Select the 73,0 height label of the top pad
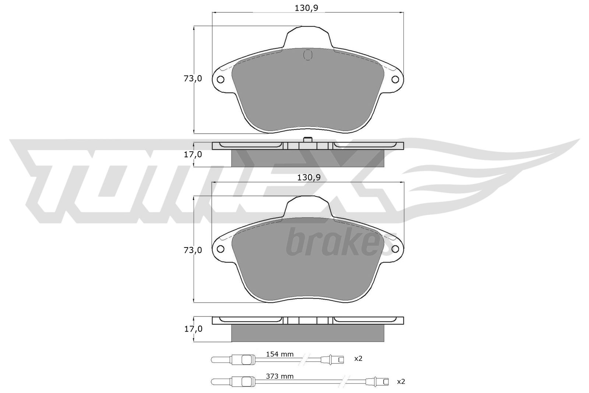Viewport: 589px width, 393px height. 193,78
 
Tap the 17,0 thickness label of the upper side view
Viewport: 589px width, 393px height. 193,154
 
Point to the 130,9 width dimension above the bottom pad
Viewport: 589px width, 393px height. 309,178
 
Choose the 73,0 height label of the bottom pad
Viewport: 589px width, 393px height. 193,250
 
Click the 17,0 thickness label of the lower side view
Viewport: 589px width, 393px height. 193,329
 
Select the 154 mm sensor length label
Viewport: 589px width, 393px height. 280,354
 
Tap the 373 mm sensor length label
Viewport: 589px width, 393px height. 280,376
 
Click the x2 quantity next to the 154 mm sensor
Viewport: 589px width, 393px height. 359,358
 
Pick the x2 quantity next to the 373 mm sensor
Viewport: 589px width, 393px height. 401,381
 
